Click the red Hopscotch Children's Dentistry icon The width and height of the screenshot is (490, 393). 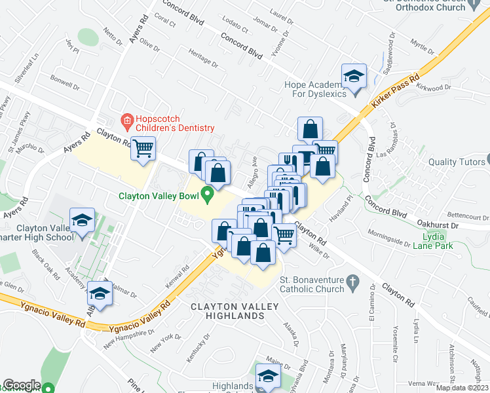click(x=127, y=121)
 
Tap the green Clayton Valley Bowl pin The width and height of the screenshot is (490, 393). click(x=208, y=195)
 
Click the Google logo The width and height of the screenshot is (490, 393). click(x=22, y=385)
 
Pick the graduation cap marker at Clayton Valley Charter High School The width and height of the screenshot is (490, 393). click(x=82, y=220)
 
